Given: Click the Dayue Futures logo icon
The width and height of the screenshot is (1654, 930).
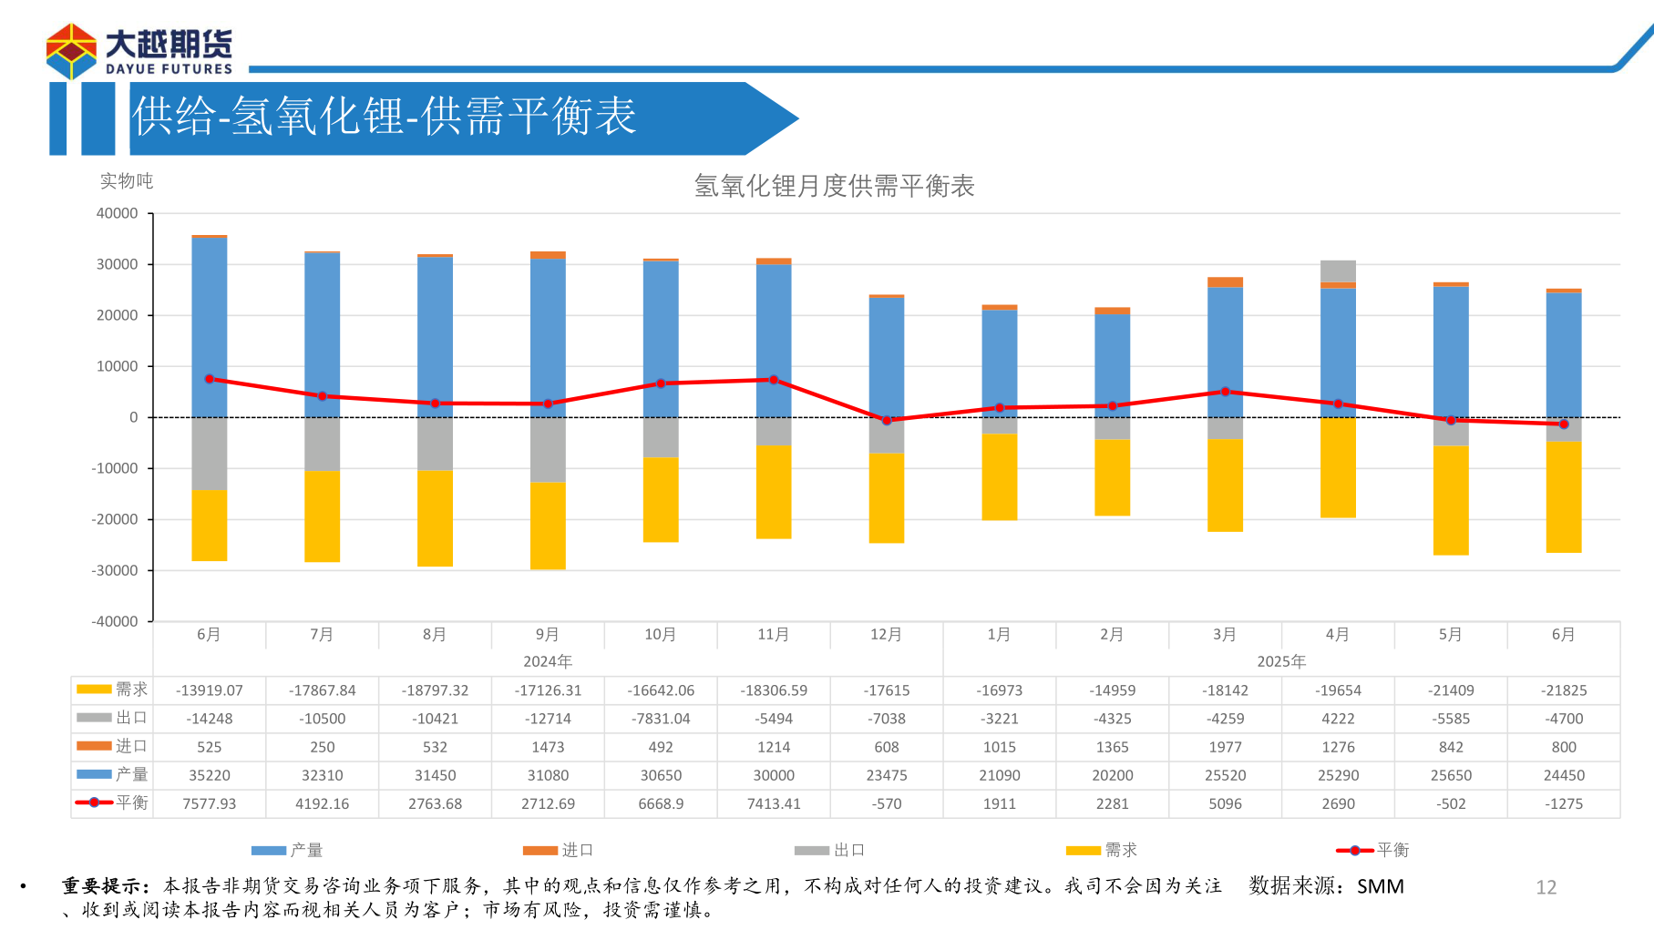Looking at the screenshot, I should coord(71,51).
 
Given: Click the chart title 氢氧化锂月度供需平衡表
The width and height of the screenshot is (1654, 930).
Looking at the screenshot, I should coord(834,186).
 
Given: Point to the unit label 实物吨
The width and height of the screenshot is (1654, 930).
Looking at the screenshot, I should coord(127,181).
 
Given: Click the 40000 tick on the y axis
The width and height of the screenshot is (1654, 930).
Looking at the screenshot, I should coord(118,213).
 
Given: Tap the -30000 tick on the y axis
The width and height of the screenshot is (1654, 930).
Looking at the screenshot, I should coord(115,570).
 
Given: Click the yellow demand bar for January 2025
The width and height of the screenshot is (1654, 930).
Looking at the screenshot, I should coord(999,476).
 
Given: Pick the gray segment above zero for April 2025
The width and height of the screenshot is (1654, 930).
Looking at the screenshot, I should coord(1338,271).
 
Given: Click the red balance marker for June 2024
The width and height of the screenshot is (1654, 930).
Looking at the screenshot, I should coord(210,379).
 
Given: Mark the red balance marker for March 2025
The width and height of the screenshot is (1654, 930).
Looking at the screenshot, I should coord(1225,392).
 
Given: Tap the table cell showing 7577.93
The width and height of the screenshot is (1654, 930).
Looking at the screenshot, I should coord(210,803).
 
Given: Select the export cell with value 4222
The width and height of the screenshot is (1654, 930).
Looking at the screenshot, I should coord(1338,719).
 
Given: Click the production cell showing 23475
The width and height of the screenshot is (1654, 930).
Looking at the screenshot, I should coord(886,775).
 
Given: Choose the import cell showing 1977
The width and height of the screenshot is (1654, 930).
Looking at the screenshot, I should coord(1225,747).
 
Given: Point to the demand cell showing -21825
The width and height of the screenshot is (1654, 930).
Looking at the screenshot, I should coord(1564,690).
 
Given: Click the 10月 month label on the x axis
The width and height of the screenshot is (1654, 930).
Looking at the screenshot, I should coord(660,634).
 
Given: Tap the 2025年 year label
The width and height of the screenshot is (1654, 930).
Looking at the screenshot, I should coord(1281,661).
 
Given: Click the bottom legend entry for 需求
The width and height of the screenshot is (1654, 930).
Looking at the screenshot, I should coord(1103,850).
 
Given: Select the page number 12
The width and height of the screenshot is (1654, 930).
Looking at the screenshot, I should coord(1546,887).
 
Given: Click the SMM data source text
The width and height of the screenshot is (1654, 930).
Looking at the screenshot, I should coord(1380,886).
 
